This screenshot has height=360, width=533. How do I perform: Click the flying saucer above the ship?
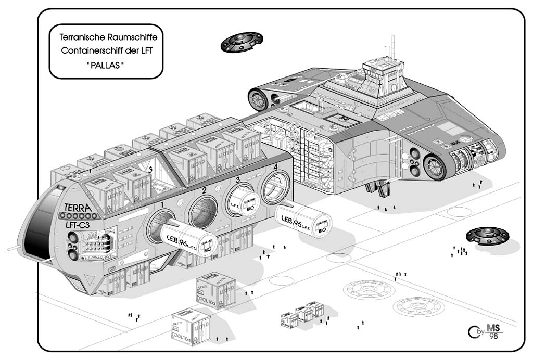pyautogui.click(x=241, y=42)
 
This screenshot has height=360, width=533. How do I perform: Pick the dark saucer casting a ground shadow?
pyautogui.click(x=487, y=235)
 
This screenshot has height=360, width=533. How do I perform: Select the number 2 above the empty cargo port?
pyautogui.click(x=205, y=190)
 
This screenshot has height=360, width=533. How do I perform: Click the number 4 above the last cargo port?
pyautogui.click(x=276, y=168)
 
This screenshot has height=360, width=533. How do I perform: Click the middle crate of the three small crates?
pyautogui.click(x=303, y=314)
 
